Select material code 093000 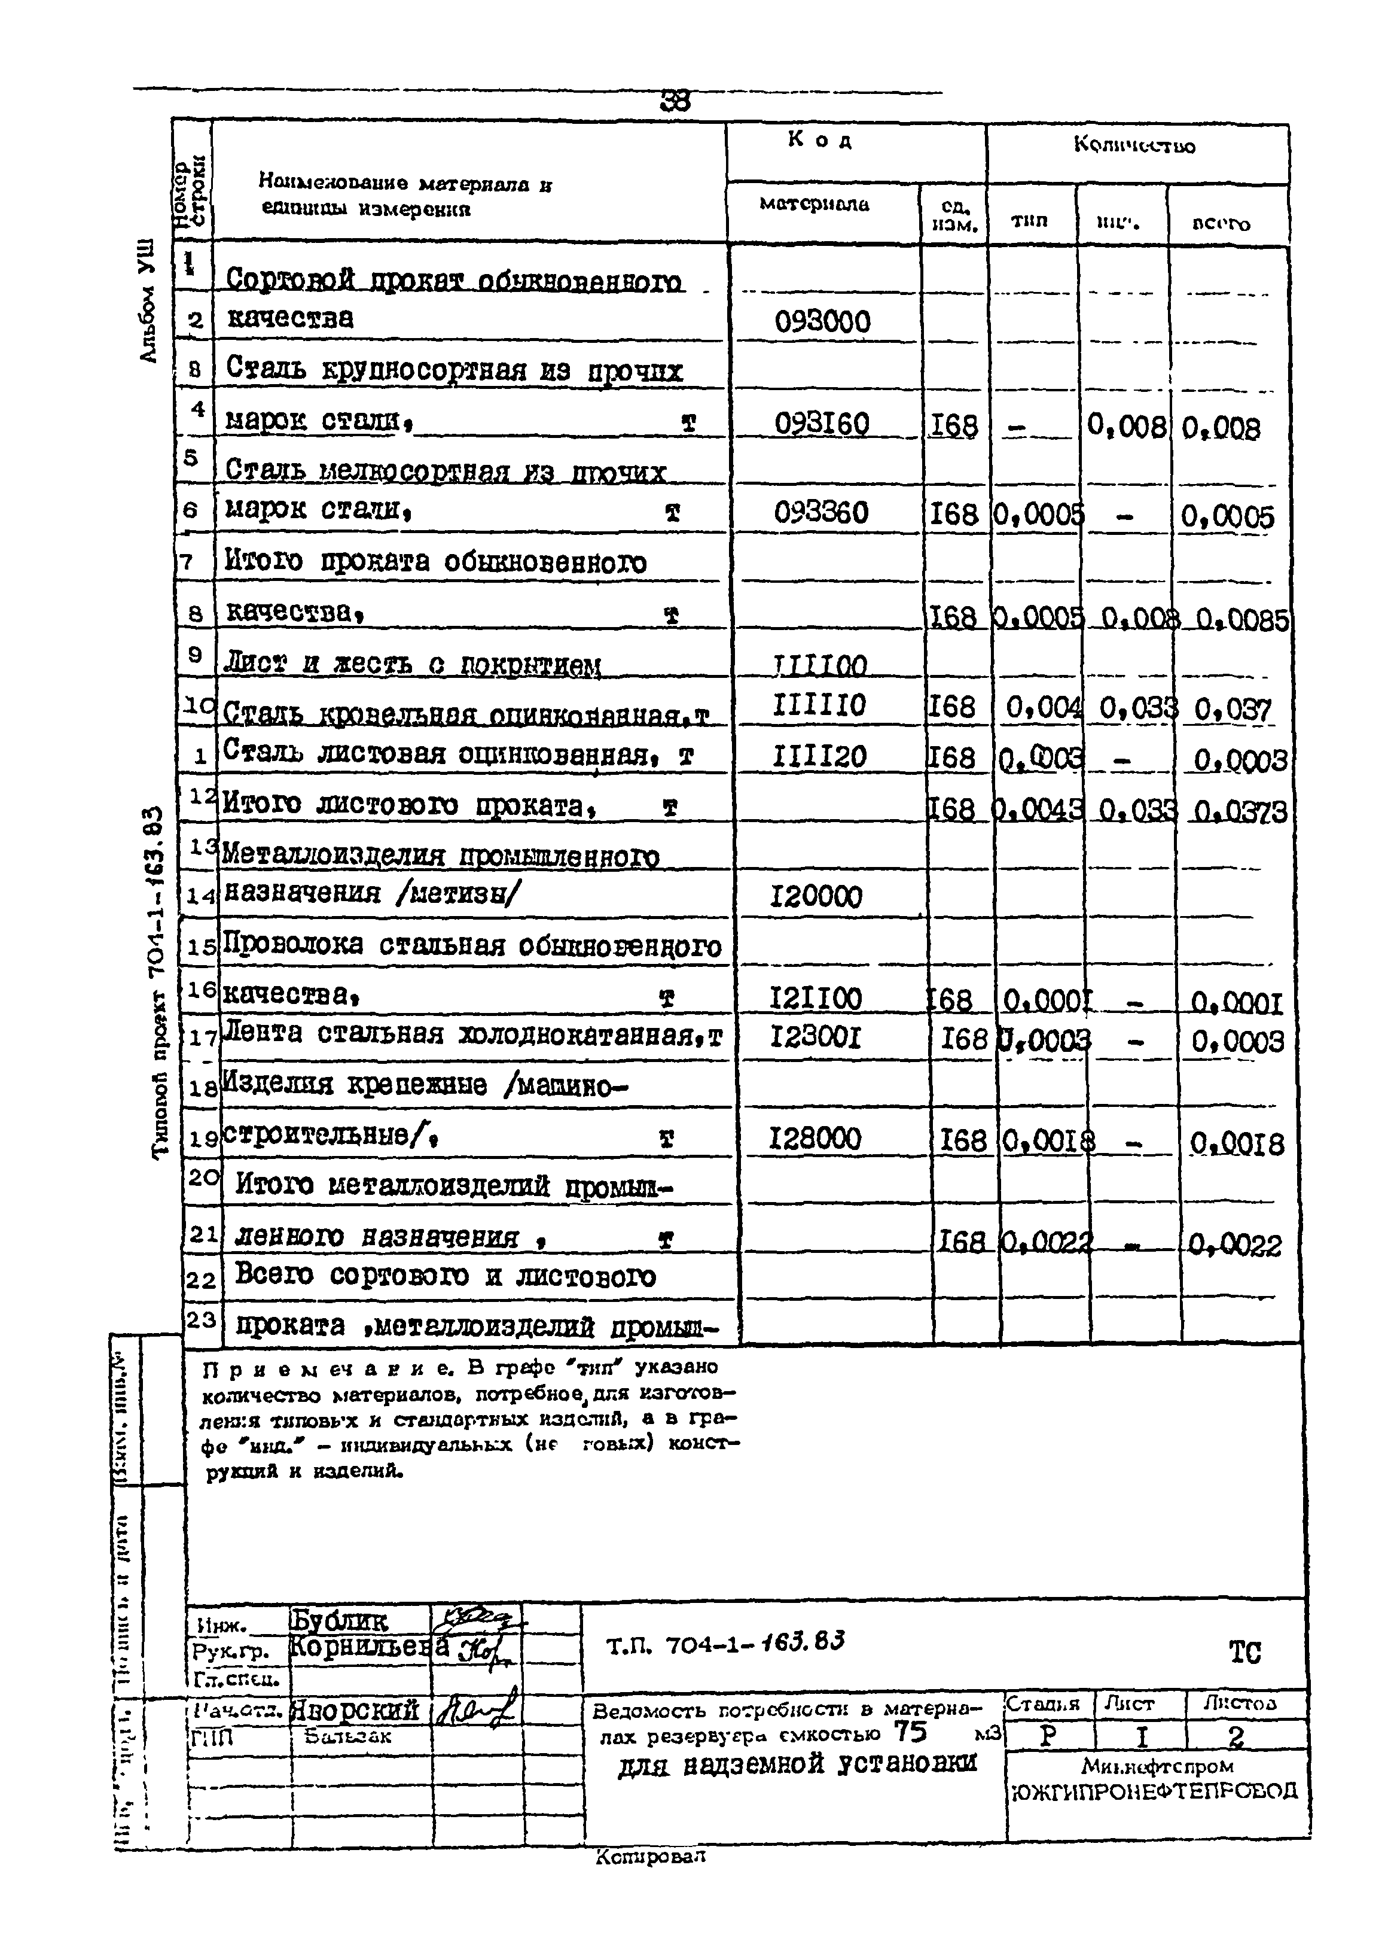click(x=821, y=322)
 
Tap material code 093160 click(x=821, y=424)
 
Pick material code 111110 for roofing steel click(x=819, y=705)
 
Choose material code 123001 click(x=815, y=1038)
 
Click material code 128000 click(x=815, y=1138)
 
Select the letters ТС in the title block click(x=1244, y=1652)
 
